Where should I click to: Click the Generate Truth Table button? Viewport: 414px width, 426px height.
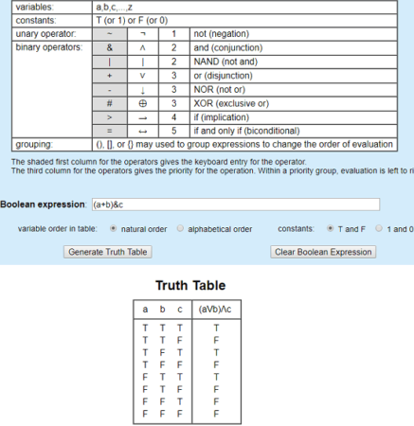click(109, 252)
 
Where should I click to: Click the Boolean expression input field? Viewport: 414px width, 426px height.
click(234, 204)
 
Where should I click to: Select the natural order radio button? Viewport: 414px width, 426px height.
click(114, 229)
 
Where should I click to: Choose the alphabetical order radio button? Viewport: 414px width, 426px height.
click(180, 229)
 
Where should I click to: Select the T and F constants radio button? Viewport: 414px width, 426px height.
click(330, 229)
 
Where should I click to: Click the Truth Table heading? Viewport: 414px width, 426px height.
click(189, 285)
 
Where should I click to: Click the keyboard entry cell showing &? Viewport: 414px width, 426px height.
click(110, 45)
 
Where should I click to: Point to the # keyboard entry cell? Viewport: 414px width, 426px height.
click(110, 99)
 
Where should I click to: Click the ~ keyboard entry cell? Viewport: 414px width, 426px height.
click(110, 32)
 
